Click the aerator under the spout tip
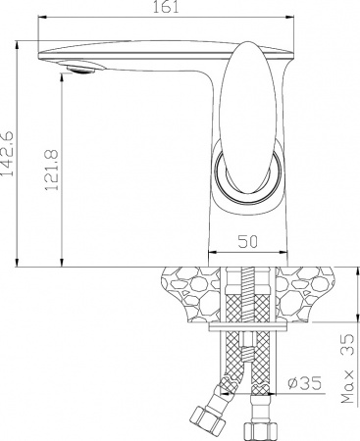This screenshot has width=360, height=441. pos(82,68)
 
